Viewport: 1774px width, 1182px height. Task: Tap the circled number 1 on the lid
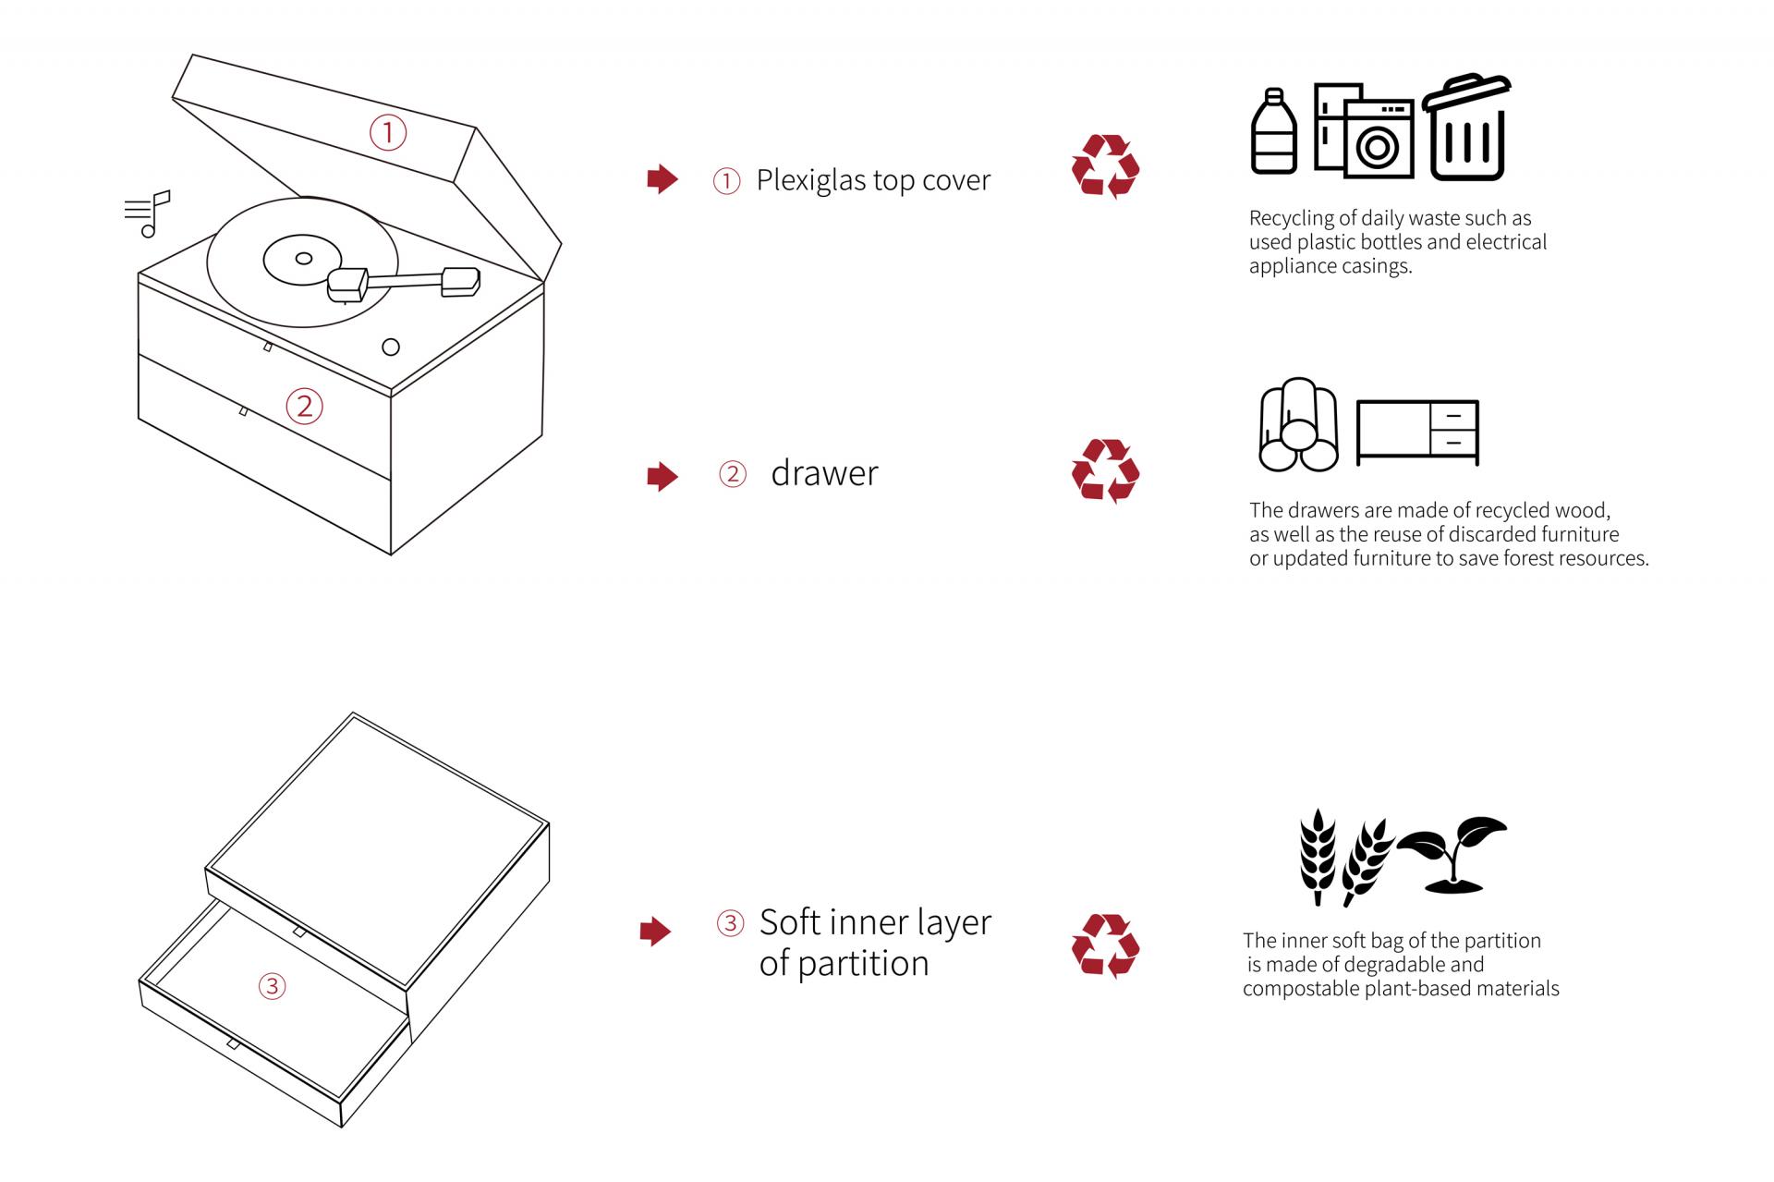click(388, 132)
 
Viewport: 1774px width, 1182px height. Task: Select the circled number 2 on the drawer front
click(304, 406)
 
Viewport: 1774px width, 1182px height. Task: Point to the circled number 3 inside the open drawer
click(272, 986)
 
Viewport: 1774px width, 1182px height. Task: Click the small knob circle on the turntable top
click(391, 347)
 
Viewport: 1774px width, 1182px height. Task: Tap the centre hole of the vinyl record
click(302, 259)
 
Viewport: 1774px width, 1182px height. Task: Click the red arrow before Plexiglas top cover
click(662, 179)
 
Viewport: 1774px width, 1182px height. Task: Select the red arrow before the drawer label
click(662, 477)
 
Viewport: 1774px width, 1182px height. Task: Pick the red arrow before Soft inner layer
click(655, 932)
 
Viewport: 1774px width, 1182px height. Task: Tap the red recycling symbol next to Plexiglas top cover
click(1105, 167)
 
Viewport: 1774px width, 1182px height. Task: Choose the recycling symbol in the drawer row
click(1105, 471)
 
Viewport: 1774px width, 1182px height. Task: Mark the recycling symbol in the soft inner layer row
click(1105, 946)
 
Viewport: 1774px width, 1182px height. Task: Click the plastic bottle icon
click(1273, 132)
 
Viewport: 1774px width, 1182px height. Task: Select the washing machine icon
click(1379, 140)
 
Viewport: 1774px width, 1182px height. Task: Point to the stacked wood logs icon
click(1298, 425)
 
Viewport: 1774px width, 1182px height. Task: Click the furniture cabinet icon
click(1417, 432)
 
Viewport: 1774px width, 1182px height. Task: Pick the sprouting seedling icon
click(1453, 853)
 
